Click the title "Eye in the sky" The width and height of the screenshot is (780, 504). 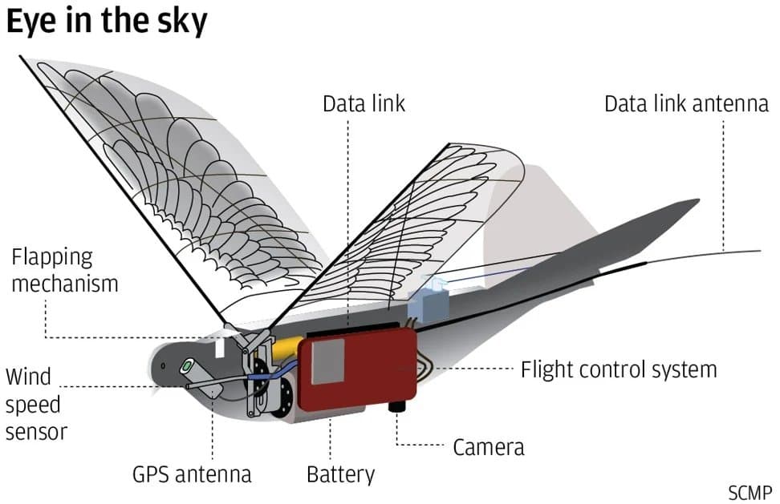(x=106, y=22)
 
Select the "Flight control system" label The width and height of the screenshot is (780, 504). (x=618, y=370)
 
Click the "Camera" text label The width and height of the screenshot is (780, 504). (x=488, y=446)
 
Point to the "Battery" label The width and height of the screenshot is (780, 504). (x=340, y=474)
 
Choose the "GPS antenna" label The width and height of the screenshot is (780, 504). (x=192, y=474)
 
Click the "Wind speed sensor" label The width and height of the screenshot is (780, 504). (x=35, y=404)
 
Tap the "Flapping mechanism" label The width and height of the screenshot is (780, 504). (x=64, y=270)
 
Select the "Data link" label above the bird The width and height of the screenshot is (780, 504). (x=364, y=104)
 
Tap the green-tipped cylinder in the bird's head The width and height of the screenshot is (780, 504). (x=187, y=366)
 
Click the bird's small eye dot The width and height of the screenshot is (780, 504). (x=163, y=366)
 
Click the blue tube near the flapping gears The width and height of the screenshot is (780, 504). (x=265, y=373)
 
